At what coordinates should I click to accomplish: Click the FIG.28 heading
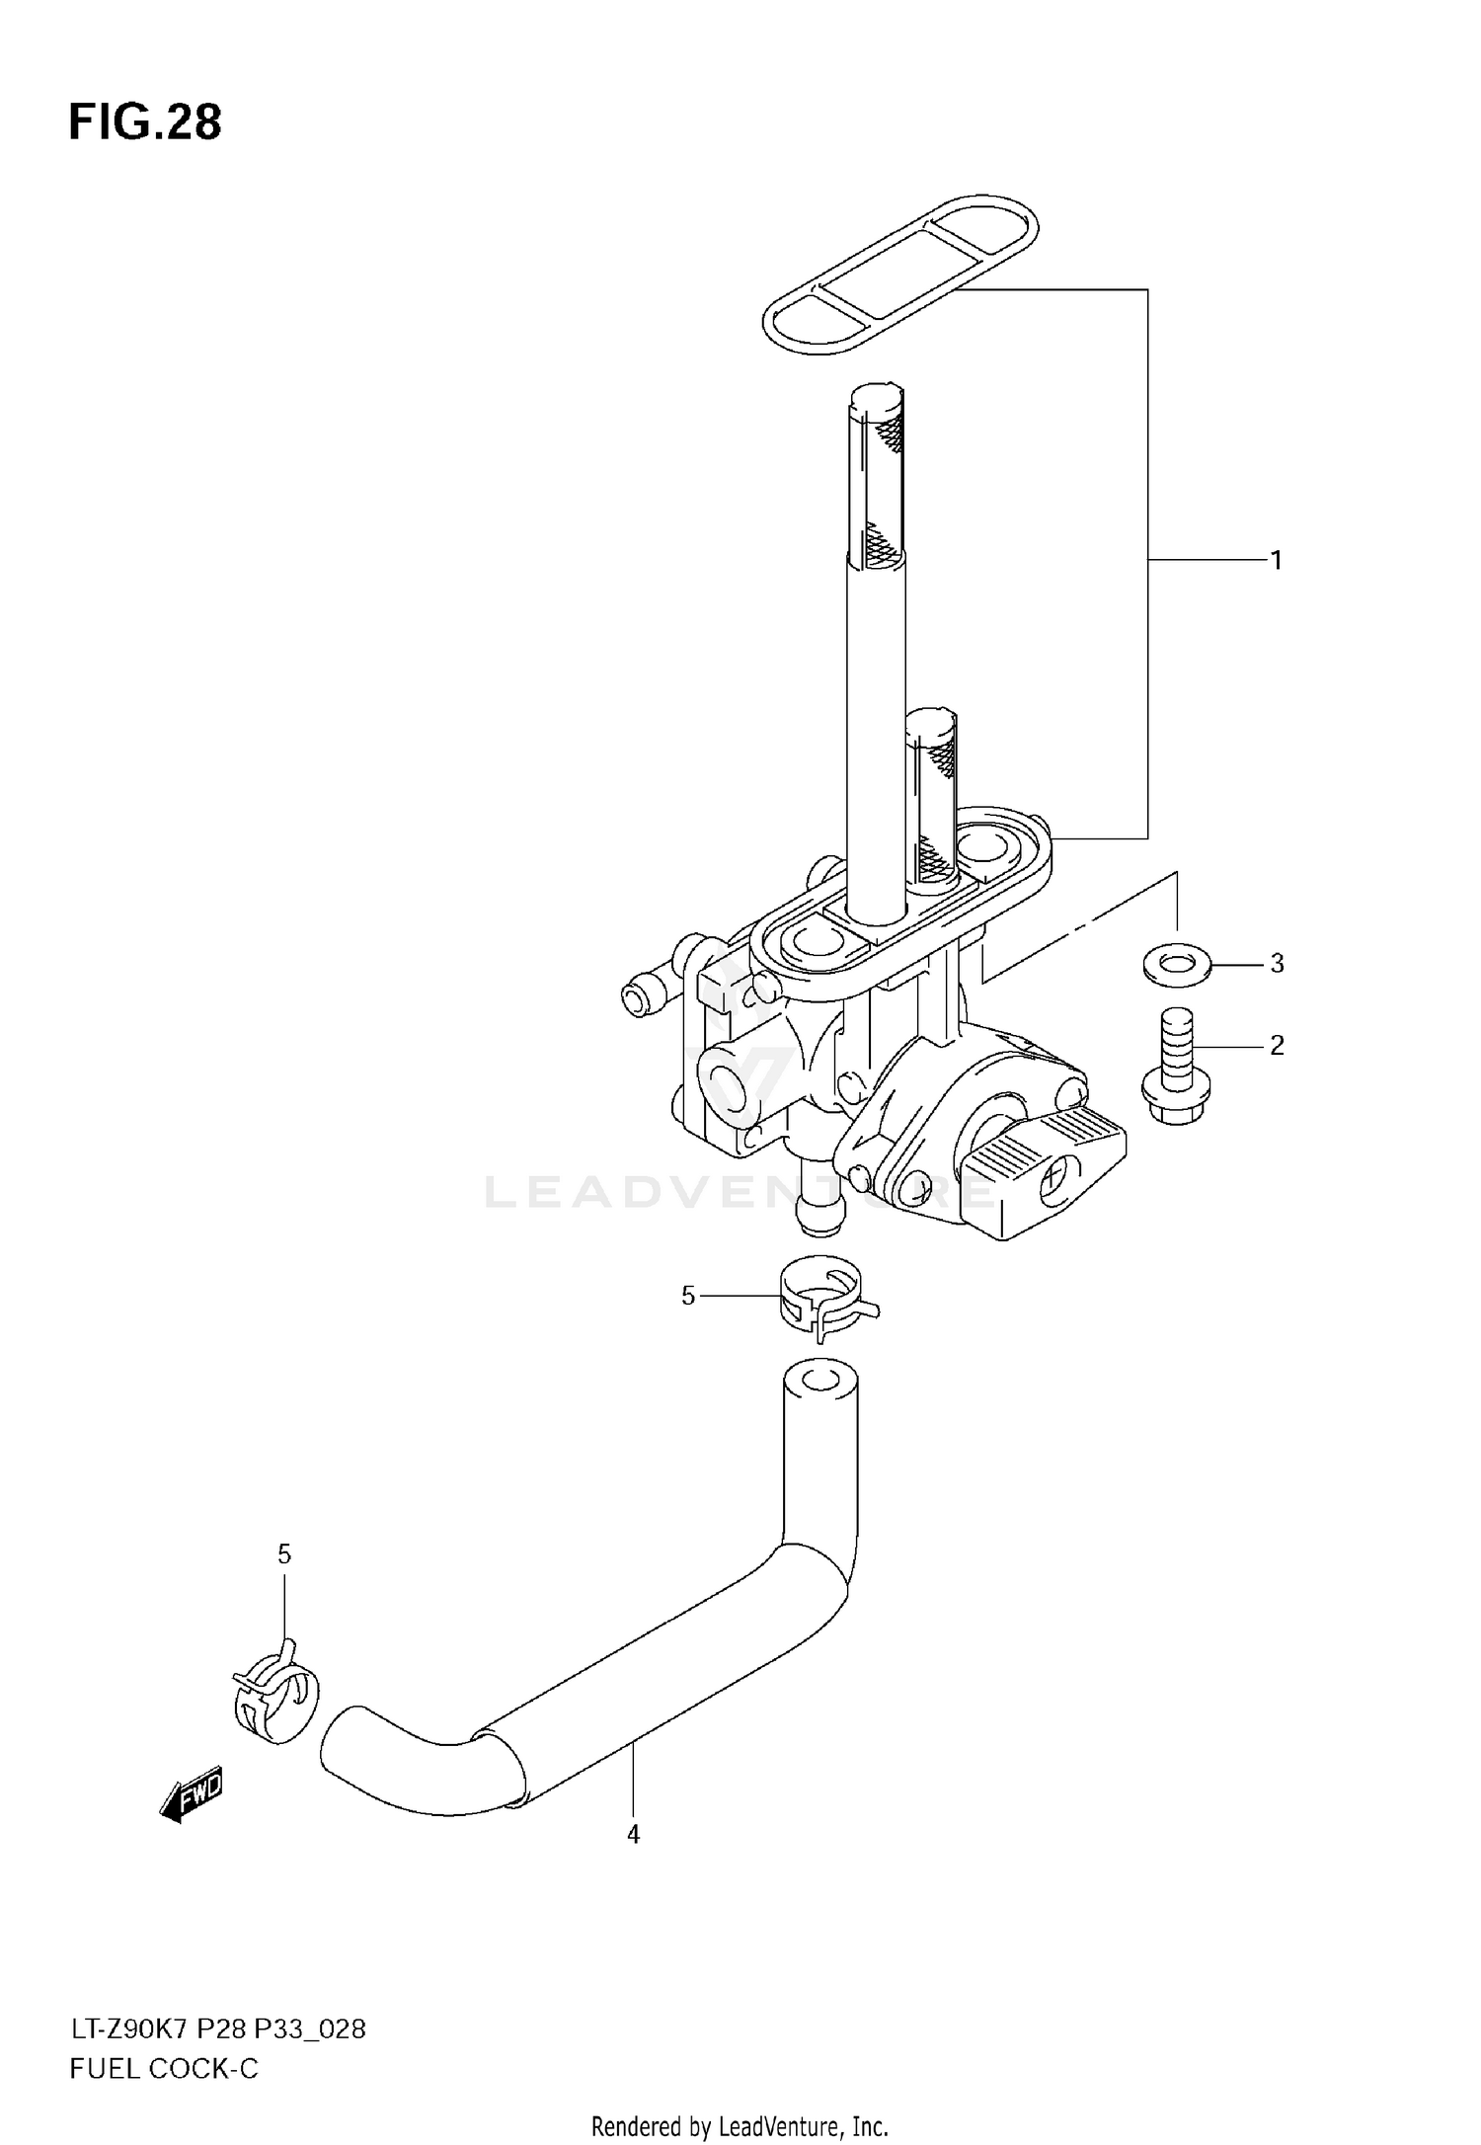[145, 122]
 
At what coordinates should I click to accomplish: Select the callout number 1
[1276, 561]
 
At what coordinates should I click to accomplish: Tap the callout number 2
[1277, 1045]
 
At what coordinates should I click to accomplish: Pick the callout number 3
[1277, 963]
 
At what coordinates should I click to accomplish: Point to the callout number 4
[633, 1834]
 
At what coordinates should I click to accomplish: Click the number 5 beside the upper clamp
[688, 1295]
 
